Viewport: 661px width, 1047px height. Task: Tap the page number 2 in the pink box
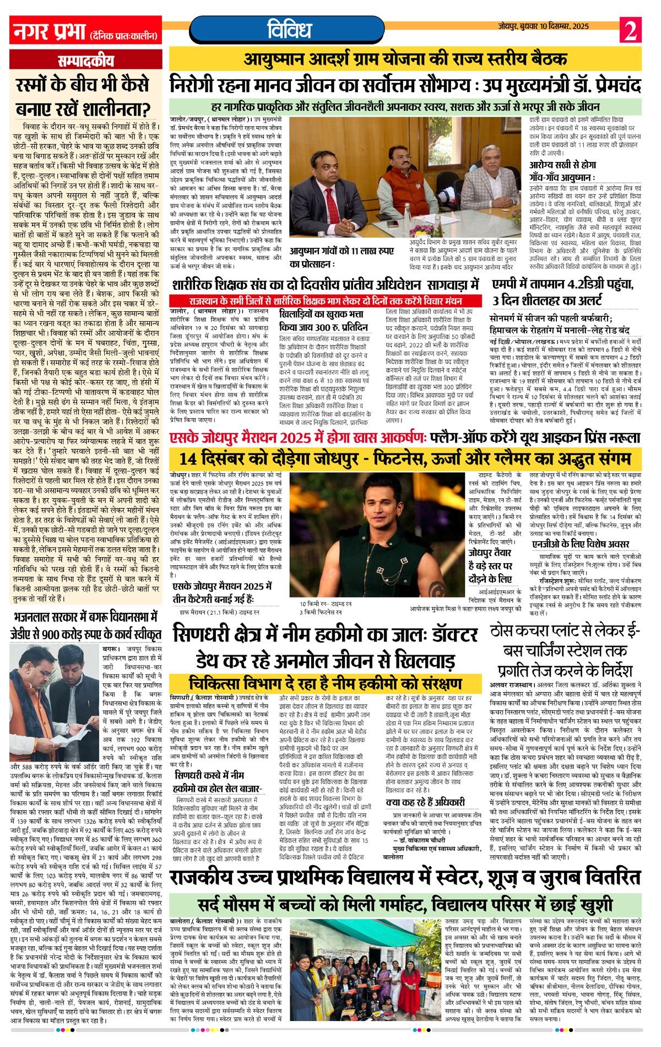[x=629, y=31]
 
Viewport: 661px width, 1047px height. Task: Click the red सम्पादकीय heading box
[x=86, y=61]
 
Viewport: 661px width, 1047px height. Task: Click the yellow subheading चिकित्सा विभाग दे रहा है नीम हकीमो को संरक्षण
[x=325, y=683]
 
